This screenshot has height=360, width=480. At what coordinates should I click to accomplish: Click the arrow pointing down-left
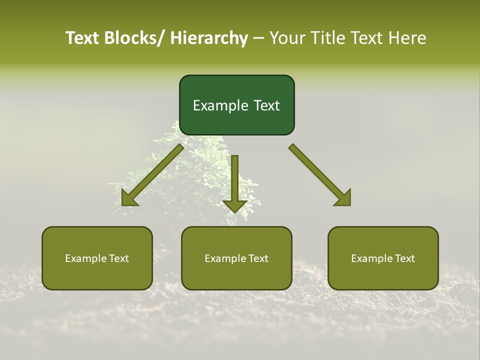pyautogui.click(x=152, y=175)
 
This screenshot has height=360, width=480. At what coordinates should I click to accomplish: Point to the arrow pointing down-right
pyautogui.click(x=320, y=175)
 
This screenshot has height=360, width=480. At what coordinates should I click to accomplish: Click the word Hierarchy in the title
pyautogui.click(x=209, y=38)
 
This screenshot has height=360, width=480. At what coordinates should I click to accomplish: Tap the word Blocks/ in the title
pyautogui.click(x=134, y=38)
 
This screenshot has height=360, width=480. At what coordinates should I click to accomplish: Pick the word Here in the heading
pyautogui.click(x=408, y=38)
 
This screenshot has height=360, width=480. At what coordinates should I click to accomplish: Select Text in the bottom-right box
pyautogui.click(x=404, y=258)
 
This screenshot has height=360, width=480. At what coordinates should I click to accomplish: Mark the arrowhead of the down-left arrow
pyautogui.click(x=128, y=198)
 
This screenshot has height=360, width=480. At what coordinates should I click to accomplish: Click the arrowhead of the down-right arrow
pyautogui.click(x=343, y=198)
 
